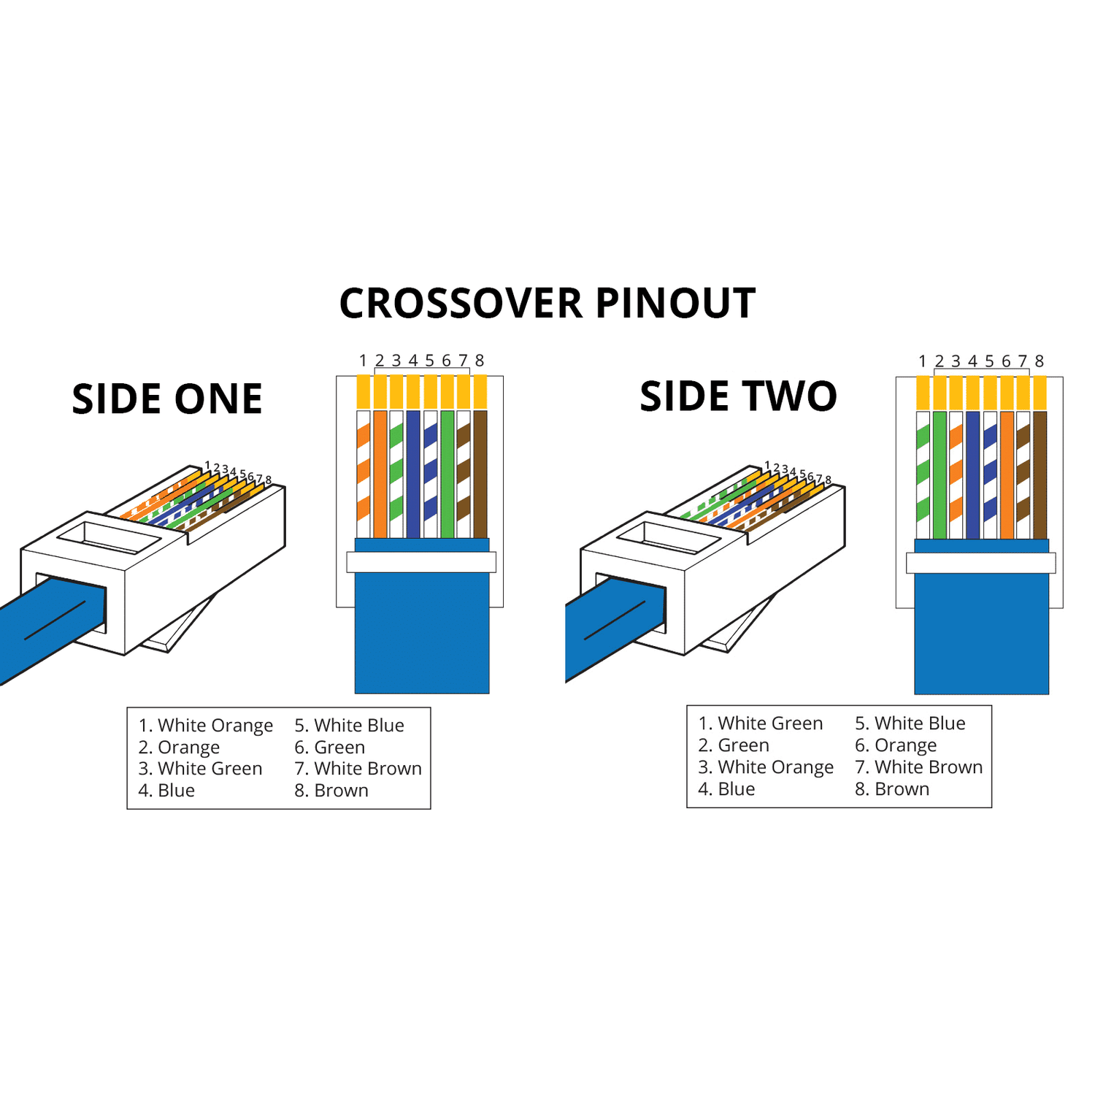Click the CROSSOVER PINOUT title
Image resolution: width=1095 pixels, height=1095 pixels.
tap(547, 304)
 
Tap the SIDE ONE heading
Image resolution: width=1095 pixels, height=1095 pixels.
tap(167, 399)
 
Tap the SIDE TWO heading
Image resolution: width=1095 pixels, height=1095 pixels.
tap(738, 396)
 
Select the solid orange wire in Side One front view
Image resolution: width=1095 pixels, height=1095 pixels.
tap(380, 474)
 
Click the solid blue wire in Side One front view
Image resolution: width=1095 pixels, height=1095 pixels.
tap(413, 474)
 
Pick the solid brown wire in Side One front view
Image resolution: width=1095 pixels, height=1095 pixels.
tap(480, 474)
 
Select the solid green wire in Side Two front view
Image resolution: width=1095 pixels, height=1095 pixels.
tap(940, 474)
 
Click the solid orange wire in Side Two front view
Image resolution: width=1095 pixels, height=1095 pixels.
tap(1007, 474)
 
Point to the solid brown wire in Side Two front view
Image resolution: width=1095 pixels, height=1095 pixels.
tap(1040, 474)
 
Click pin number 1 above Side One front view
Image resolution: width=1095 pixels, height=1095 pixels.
tap(363, 361)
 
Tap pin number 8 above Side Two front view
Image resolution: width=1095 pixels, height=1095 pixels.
tap(1040, 361)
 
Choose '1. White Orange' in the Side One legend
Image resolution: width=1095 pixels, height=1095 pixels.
tap(206, 726)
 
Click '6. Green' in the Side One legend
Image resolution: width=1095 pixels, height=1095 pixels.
tap(330, 748)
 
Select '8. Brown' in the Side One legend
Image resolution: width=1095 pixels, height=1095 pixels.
tap(331, 791)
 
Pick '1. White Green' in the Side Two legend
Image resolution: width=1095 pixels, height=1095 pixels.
tap(761, 723)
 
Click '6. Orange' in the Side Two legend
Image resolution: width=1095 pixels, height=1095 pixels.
tap(896, 745)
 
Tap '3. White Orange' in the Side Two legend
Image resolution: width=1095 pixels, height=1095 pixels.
tap(766, 767)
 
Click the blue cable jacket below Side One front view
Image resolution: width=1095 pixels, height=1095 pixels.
tap(422, 635)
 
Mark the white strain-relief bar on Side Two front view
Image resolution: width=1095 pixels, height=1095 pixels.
tap(980, 563)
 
